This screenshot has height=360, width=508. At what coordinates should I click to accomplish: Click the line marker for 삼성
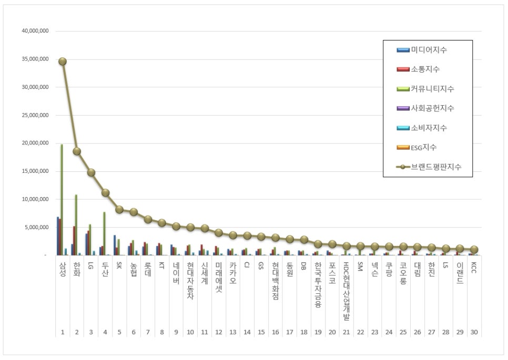(63, 61)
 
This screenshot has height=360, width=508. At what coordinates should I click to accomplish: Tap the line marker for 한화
(77, 151)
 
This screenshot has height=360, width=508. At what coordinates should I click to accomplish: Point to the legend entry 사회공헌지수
(433, 108)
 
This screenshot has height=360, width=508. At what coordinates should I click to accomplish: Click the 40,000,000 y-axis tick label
(35, 31)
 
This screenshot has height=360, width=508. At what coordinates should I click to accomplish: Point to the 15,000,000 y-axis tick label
(35, 171)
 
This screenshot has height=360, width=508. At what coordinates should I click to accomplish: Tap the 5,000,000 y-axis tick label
(37, 228)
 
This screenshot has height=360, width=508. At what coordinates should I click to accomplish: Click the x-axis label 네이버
(176, 273)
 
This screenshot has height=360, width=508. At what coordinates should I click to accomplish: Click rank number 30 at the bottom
(474, 332)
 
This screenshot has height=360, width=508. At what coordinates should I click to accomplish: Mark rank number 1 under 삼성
(63, 332)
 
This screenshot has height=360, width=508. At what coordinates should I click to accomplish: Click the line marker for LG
(91, 172)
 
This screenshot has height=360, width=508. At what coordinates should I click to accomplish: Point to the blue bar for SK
(115, 245)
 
